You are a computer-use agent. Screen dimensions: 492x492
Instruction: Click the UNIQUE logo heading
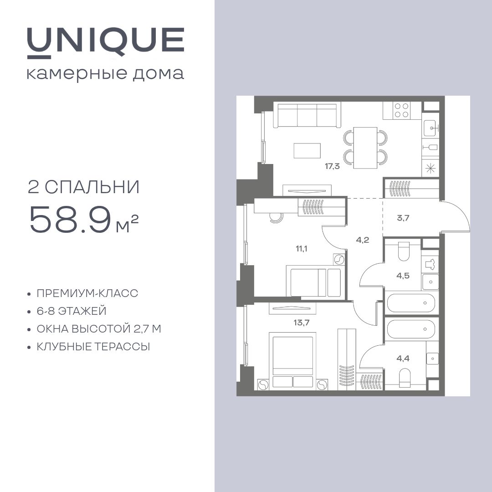pyautogui.click(x=105, y=41)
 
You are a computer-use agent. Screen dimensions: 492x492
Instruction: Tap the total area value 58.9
pyautogui.click(x=70, y=220)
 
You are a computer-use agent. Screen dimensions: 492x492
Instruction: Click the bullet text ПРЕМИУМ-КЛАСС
pyautogui.click(x=87, y=293)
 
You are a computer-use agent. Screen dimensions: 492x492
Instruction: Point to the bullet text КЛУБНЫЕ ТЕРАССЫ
pyautogui.click(x=93, y=347)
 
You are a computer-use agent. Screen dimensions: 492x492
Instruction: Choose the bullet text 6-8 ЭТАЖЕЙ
pyautogui.click(x=72, y=311)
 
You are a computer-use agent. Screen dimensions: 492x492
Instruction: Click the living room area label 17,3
pyautogui.click(x=332, y=166)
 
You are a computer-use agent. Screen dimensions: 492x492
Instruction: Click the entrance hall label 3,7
pyautogui.click(x=403, y=218)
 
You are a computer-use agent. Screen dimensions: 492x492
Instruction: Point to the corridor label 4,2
pyautogui.click(x=363, y=240)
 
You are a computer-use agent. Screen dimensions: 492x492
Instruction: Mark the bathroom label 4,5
pyautogui.click(x=403, y=275)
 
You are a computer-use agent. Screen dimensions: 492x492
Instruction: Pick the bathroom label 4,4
pyautogui.click(x=403, y=358)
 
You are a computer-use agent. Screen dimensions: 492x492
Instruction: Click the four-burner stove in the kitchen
pyautogui.click(x=401, y=110)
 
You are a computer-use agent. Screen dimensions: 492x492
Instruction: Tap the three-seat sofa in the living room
pyautogui.click(x=307, y=115)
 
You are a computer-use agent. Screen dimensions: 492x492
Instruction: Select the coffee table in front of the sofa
pyautogui.click(x=307, y=151)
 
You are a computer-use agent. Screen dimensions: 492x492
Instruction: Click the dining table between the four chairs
pyautogui.click(x=365, y=147)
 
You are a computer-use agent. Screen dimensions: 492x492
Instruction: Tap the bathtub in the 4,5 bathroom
pyautogui.click(x=411, y=303)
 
